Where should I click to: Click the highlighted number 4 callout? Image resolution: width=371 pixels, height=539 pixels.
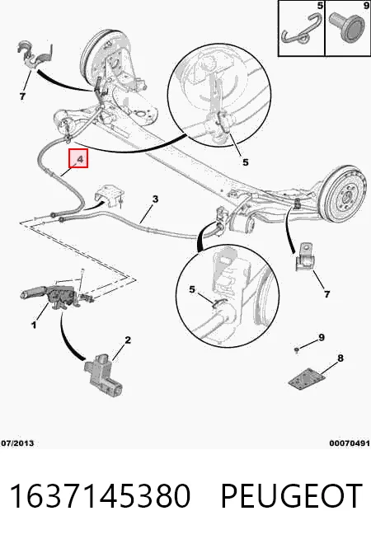coord(78,158)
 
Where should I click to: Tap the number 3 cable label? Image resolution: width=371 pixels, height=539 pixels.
coord(155,199)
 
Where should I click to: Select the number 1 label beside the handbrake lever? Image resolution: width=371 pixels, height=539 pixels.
coord(34,325)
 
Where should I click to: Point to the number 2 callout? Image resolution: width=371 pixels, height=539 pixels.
coord(128,340)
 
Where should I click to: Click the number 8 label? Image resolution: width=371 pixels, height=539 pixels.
coord(340,359)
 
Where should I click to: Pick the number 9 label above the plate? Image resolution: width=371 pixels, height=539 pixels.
coord(322,338)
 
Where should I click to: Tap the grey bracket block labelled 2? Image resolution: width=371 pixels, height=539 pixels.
coord(102,375)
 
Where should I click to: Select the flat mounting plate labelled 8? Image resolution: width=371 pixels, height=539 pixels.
coord(307,379)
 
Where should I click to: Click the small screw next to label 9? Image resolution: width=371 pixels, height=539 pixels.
coord(296,350)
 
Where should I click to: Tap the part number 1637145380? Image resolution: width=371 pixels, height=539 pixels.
coord(100,495)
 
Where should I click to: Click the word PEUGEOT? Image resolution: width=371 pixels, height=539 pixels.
coord(291,495)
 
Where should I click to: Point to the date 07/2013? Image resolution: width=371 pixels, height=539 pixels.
coord(17,443)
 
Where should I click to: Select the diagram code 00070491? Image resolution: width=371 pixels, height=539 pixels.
coord(350,443)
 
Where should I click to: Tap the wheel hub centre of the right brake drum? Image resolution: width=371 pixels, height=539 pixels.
coord(345,199)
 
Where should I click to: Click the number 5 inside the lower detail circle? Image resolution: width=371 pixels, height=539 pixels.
coord(192,290)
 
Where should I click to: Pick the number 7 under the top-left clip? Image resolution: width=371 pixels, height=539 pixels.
coord(22,96)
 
